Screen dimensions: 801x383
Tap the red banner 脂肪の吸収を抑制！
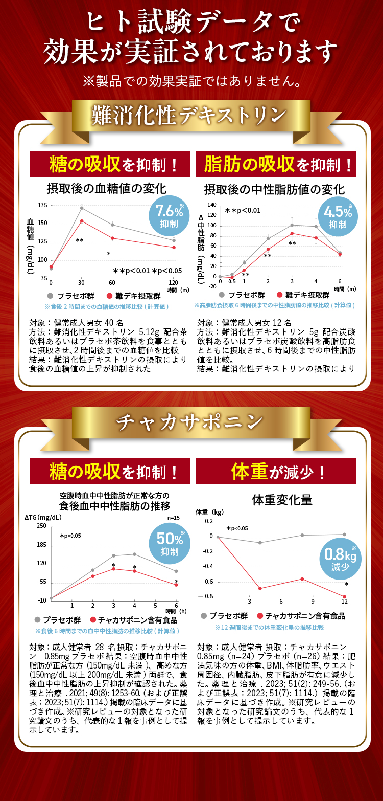click(276, 165)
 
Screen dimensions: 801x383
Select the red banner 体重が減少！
click(276, 471)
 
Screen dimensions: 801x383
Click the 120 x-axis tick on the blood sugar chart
click(173, 282)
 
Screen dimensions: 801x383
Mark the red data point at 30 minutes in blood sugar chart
click(82, 221)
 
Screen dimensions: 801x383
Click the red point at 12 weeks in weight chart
click(345, 596)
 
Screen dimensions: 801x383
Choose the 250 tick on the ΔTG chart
click(41, 526)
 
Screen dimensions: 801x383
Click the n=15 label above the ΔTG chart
click(174, 518)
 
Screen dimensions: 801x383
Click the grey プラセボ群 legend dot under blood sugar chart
click(50, 295)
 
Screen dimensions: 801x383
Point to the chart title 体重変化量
click(282, 500)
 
